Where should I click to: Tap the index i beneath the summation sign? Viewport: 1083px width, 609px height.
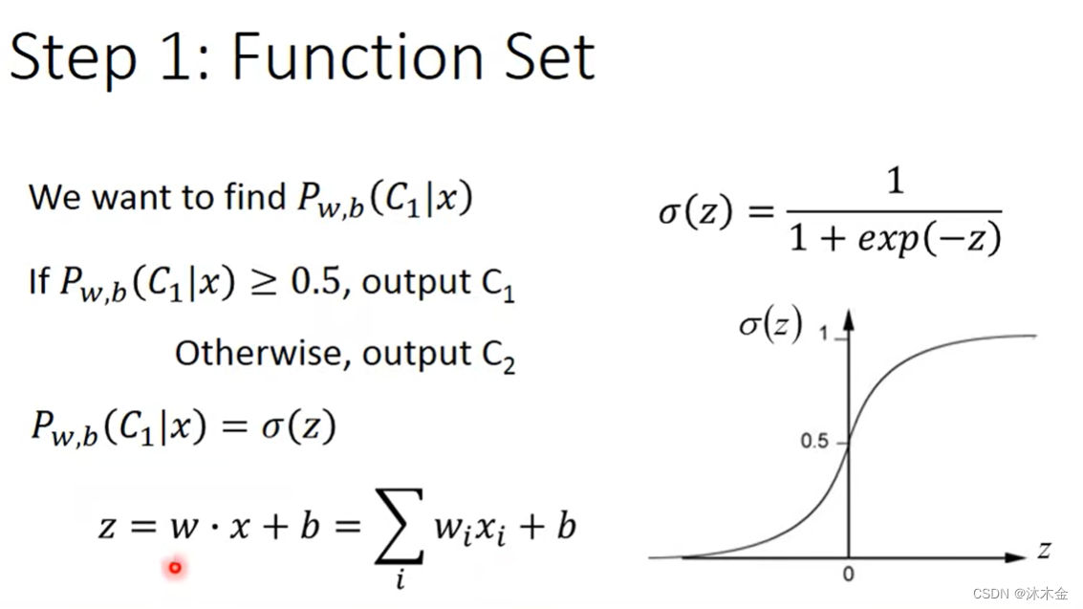[401, 577]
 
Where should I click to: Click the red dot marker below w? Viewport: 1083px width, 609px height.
[175, 568]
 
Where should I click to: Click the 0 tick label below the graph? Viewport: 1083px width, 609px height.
[849, 575]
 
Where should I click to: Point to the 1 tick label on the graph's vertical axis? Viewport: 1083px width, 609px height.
[825, 333]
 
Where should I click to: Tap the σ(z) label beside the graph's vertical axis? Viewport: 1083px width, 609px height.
[769, 325]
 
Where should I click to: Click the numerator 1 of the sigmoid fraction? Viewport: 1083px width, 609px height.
[895, 181]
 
